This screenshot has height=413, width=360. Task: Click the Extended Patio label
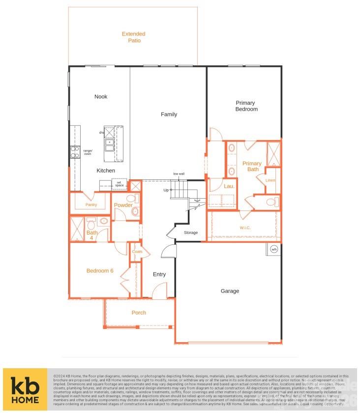tap(134, 37)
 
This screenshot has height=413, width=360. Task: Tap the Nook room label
tap(101, 97)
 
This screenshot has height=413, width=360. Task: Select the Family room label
tap(169, 115)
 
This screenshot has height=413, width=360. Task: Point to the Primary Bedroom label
tap(246, 106)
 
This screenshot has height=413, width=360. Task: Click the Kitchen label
tap(106, 171)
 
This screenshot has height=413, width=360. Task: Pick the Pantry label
tap(91, 205)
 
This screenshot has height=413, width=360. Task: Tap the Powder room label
tap(123, 205)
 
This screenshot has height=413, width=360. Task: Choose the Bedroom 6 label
tap(100, 270)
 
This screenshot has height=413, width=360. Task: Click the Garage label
tap(230, 291)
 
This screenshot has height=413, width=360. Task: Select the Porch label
tap(139, 313)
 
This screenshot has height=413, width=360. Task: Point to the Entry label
tap(159, 274)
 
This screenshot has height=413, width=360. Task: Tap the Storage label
tap(191, 233)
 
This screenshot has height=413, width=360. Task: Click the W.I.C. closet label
tap(245, 227)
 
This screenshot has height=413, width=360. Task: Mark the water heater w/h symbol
tap(274, 249)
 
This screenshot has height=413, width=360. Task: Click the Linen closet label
tap(270, 180)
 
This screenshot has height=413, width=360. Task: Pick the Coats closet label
tap(137, 252)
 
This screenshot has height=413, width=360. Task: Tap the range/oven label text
tap(88, 152)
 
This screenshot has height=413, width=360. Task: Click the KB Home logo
tap(25, 389)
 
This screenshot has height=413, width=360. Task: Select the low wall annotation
tap(179, 174)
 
